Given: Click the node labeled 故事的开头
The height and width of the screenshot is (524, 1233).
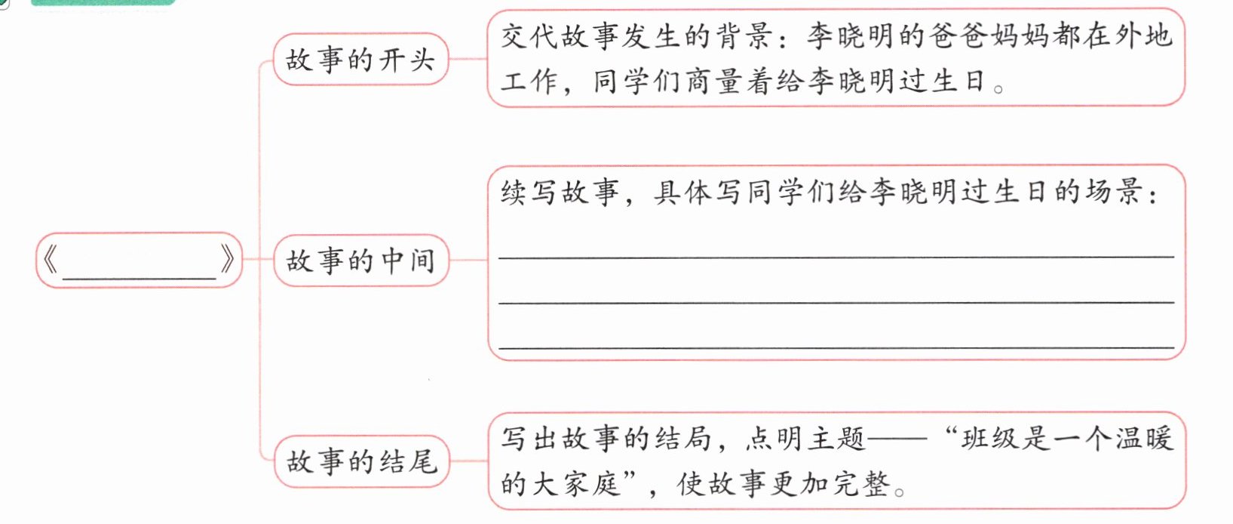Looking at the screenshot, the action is coord(360,60).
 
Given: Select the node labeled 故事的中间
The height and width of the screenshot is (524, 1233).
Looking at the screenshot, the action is coord(360,261).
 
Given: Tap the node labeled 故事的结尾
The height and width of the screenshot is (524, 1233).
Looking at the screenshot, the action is coord(360,461).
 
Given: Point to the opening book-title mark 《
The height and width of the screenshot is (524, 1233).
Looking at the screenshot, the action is coord(50,260).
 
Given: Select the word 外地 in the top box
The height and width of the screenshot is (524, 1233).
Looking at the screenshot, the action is coord(1142,36).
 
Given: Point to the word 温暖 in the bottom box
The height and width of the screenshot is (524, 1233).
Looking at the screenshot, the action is coord(1143,439).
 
